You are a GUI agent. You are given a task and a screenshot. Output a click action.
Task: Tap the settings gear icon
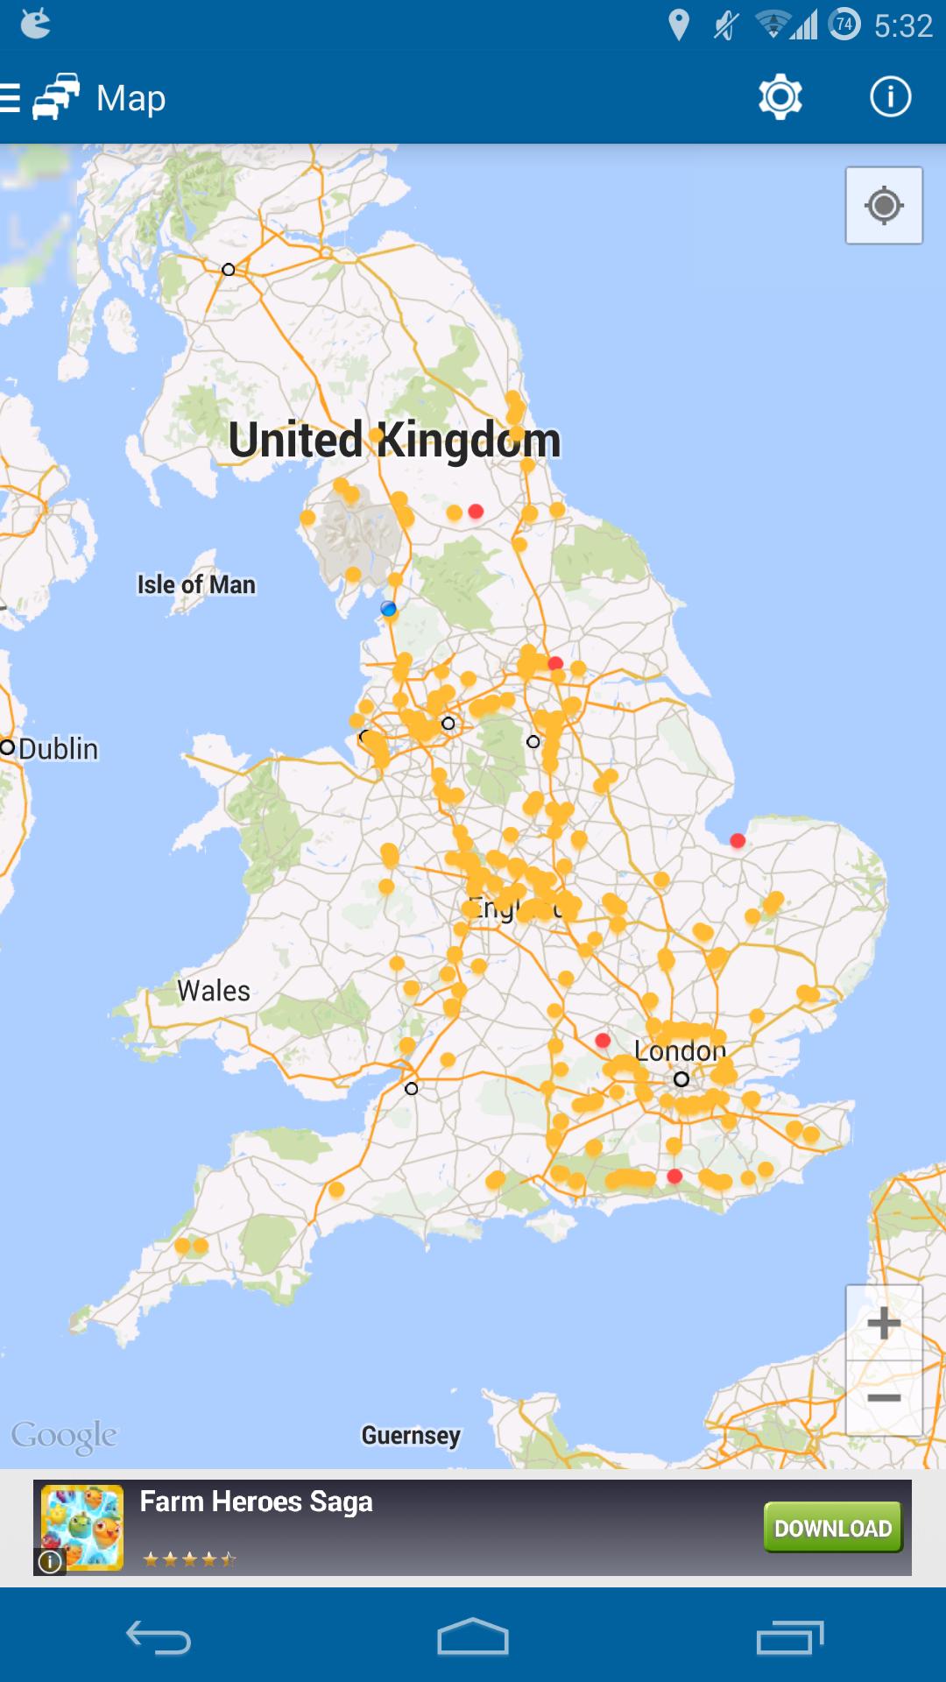pyautogui.click(x=780, y=97)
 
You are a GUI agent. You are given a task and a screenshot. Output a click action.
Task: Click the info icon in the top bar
pyautogui.click(x=890, y=97)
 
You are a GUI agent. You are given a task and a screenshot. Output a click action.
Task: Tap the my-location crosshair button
pyautogui.click(x=884, y=206)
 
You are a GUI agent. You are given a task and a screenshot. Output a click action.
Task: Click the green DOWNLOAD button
pyautogui.click(x=832, y=1528)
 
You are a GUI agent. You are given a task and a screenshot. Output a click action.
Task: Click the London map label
pyautogui.click(x=680, y=1050)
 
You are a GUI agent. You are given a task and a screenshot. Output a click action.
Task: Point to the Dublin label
pyautogui.click(x=58, y=749)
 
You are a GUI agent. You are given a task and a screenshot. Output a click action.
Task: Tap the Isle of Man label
pyautogui.click(x=196, y=584)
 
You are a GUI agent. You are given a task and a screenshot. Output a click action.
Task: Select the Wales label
pyautogui.click(x=214, y=991)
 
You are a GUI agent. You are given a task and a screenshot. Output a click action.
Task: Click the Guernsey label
pyautogui.click(x=411, y=1435)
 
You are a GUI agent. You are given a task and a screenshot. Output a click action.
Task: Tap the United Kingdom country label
pyautogui.click(x=394, y=440)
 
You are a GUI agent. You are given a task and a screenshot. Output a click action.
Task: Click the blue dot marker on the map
pyautogui.click(x=388, y=609)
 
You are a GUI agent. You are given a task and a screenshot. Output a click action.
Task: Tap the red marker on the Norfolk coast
pyautogui.click(x=738, y=841)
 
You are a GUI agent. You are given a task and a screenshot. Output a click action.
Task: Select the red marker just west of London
pyautogui.click(x=603, y=1040)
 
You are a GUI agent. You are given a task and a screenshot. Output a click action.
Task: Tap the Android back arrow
pyautogui.click(x=158, y=1636)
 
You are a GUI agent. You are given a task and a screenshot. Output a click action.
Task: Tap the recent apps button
pyautogui.click(x=790, y=1636)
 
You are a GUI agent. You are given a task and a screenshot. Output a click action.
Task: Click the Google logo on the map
pyautogui.click(x=64, y=1437)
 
